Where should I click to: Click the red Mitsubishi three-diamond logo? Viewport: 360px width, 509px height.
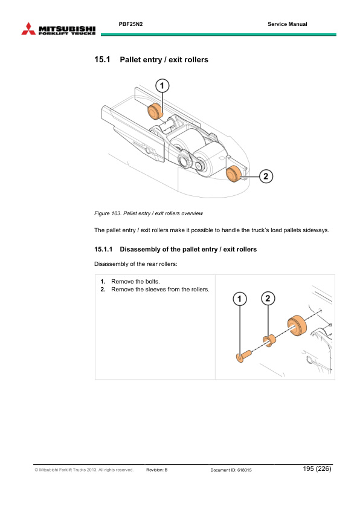[28, 29]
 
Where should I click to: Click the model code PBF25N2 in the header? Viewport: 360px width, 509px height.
[130, 24]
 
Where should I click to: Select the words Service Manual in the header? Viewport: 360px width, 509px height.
[288, 24]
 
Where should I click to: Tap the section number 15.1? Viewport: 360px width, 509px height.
[102, 59]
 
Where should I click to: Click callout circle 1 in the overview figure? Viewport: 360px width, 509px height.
[162, 86]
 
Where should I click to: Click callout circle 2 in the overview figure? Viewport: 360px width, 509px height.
[266, 177]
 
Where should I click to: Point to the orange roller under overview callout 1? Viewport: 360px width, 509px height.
[155, 111]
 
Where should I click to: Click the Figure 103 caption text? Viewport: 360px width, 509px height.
[149, 213]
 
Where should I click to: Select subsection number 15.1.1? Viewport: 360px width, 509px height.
[103, 249]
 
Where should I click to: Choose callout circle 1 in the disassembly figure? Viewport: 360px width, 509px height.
[240, 299]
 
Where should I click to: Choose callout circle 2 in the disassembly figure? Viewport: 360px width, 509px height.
[268, 298]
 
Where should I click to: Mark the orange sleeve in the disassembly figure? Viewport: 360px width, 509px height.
[269, 340]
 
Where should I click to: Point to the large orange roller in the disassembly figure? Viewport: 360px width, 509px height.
[297, 326]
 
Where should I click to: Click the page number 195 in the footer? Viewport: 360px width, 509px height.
[308, 468]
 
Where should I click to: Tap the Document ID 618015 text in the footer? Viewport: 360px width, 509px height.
[231, 470]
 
